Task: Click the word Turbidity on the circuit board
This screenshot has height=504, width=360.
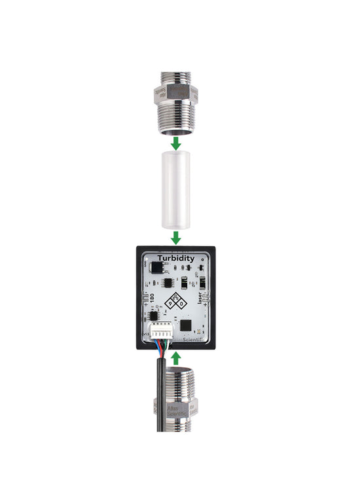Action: pos(175,259)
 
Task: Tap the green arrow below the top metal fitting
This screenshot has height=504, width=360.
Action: pos(175,141)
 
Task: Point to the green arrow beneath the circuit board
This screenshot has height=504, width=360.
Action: pos(175,357)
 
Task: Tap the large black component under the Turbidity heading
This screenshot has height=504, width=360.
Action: pos(156,267)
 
